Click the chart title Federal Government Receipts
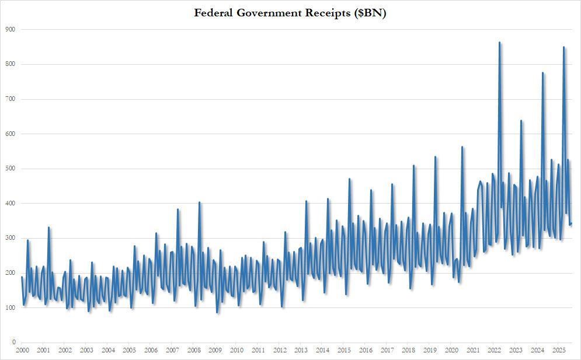coord(290,13)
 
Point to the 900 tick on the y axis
coord(11,29)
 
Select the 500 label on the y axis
coord(11,169)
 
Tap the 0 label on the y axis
coord(13,342)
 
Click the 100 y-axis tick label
coord(11,307)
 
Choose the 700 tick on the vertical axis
coord(11,99)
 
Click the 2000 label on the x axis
coord(22,350)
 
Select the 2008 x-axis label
coord(194,350)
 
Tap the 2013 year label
coord(301,350)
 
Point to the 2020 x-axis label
coord(451,350)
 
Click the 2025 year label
coord(559,350)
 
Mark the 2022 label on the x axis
coord(495,350)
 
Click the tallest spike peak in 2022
coord(499,43)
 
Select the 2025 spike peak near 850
coord(563,47)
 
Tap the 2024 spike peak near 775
coord(542,73)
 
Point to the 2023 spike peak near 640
coord(521,121)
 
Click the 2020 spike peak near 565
coord(462,147)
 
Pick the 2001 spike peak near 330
coord(48,228)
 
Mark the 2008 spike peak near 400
coord(199,202)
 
